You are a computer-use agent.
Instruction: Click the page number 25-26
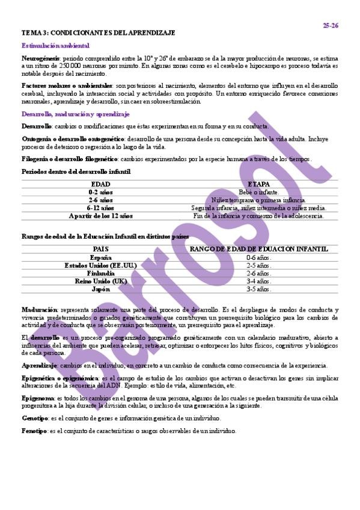click(331, 25)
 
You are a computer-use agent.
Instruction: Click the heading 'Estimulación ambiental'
click(55, 45)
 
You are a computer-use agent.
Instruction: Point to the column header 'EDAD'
click(100, 184)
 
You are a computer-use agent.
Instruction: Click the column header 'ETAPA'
click(258, 184)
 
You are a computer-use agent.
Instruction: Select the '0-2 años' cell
click(100, 192)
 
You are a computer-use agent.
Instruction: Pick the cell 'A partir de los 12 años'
click(100, 215)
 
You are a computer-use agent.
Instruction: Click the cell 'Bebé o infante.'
click(258, 192)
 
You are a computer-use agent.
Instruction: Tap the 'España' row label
click(100, 257)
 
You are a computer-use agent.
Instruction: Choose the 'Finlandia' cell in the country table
click(100, 273)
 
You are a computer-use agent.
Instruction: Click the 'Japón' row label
click(100, 289)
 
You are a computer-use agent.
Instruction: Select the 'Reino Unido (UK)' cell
click(100, 281)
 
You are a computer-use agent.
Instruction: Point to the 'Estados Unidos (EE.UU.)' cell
click(100, 265)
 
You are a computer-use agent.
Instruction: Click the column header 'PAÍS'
click(100, 249)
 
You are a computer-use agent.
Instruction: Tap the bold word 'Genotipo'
click(35, 418)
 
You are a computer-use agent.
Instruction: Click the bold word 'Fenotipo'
click(35, 431)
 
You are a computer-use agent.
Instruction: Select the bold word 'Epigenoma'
click(38, 398)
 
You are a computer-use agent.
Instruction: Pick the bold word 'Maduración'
click(39, 309)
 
